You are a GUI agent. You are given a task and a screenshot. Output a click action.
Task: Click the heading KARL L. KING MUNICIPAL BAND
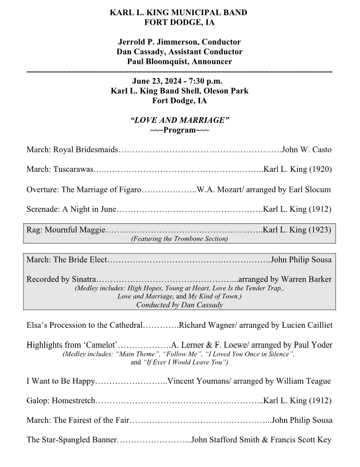click(x=179, y=13)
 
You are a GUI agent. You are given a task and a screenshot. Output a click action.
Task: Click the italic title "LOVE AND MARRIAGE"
click(x=180, y=120)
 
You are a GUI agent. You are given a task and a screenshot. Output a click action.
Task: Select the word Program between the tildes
click(x=180, y=130)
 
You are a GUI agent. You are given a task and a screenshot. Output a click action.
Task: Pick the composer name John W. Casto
click(x=307, y=150)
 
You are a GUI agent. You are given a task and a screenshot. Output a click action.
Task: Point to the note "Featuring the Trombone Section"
click(x=180, y=239)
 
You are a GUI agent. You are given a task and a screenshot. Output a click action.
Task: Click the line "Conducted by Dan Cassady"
click(x=180, y=305)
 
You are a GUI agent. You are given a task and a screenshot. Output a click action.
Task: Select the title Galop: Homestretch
click(x=61, y=401)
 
